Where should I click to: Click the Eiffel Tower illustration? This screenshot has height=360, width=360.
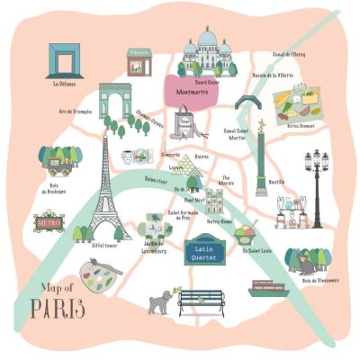point(105,193)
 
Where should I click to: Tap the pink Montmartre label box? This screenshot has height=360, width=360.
point(188,90)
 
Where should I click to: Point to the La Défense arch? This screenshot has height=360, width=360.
point(64,60)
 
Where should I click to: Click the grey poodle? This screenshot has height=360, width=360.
point(159,301)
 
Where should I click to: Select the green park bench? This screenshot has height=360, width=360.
point(201,300)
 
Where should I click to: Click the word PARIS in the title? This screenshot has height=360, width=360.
point(58,309)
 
